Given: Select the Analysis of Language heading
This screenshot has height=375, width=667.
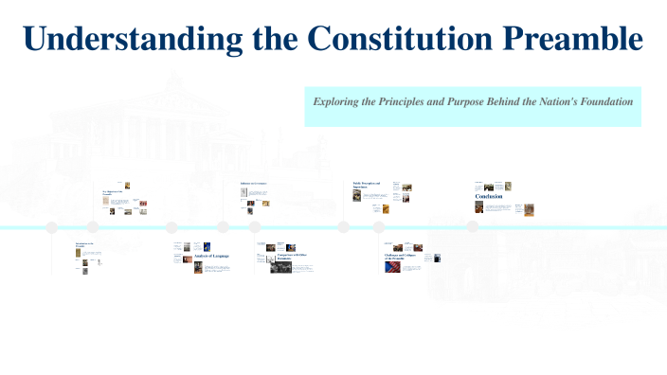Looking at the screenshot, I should tap(211, 257).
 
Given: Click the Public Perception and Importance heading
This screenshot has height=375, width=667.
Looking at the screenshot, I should tap(367, 185).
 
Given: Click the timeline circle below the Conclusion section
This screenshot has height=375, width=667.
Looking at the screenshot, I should tap(473, 226).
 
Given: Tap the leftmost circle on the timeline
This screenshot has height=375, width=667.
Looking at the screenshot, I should tap(52, 227).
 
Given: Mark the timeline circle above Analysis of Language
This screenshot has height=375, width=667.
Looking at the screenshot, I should tap(171, 227).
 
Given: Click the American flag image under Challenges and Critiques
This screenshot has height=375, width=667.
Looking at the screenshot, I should tap(391, 267).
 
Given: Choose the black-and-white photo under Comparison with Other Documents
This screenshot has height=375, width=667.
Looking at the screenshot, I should tap(280, 268).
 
